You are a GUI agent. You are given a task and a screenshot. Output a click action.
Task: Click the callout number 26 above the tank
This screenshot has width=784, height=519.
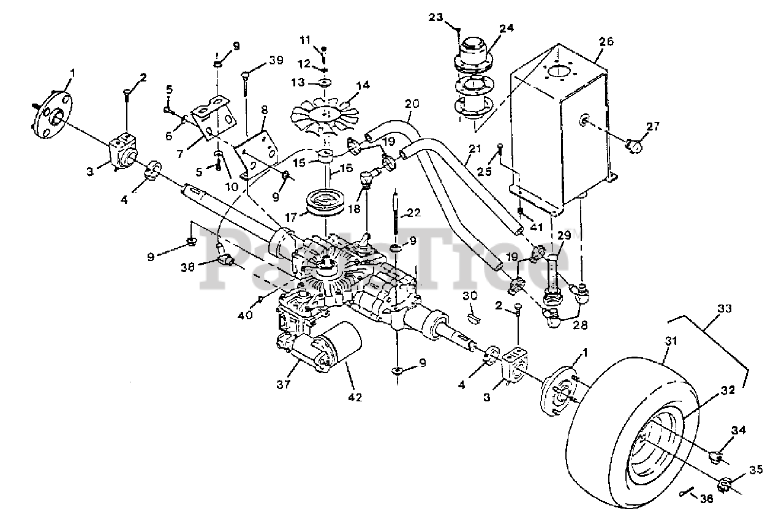click(x=606, y=42)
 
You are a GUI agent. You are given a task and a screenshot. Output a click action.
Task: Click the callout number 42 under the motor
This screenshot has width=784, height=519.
click(x=355, y=397)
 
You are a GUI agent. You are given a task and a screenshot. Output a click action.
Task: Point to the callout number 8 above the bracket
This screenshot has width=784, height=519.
click(x=265, y=110)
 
